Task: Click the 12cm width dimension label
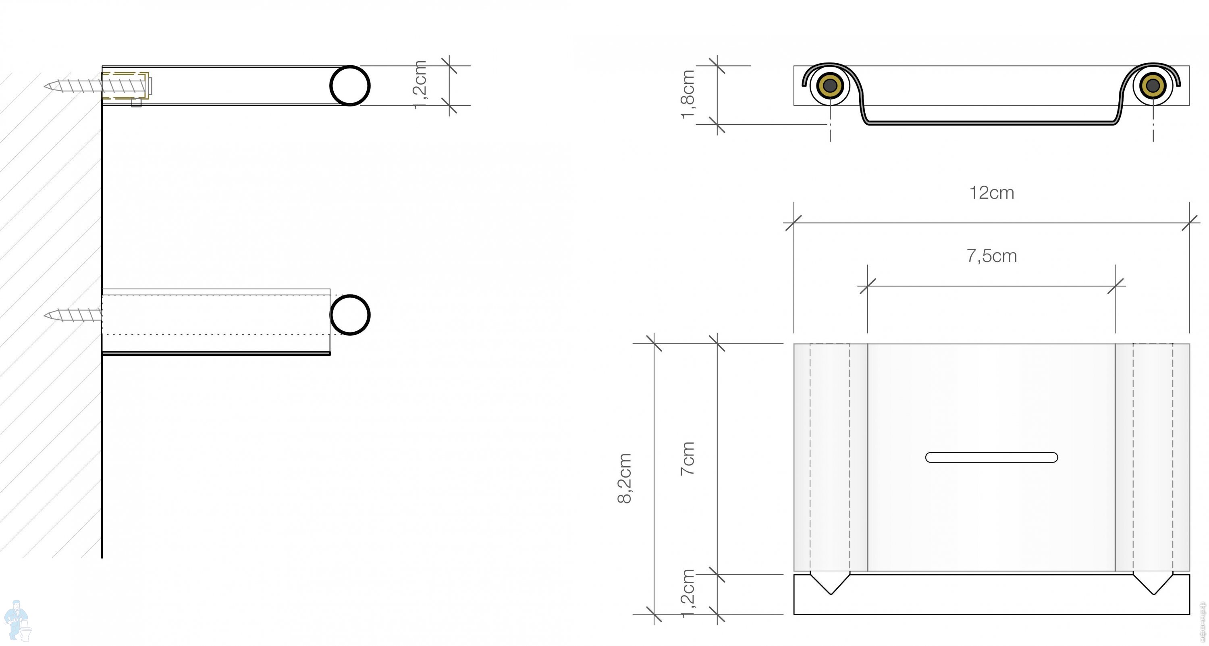[x=991, y=193]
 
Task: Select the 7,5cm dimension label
[x=991, y=256]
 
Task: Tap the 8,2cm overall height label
[x=625, y=478]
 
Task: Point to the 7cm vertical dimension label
[x=688, y=459]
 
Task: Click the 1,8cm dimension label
[x=688, y=94]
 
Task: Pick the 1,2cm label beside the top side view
[x=420, y=85]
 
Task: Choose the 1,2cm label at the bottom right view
[x=688, y=593]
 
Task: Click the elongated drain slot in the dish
[x=991, y=457]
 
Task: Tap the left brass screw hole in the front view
[x=830, y=86]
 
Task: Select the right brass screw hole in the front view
[x=1153, y=86]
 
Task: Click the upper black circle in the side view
[x=350, y=86]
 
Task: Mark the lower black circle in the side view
[x=350, y=315]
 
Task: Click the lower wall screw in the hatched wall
[x=73, y=315]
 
